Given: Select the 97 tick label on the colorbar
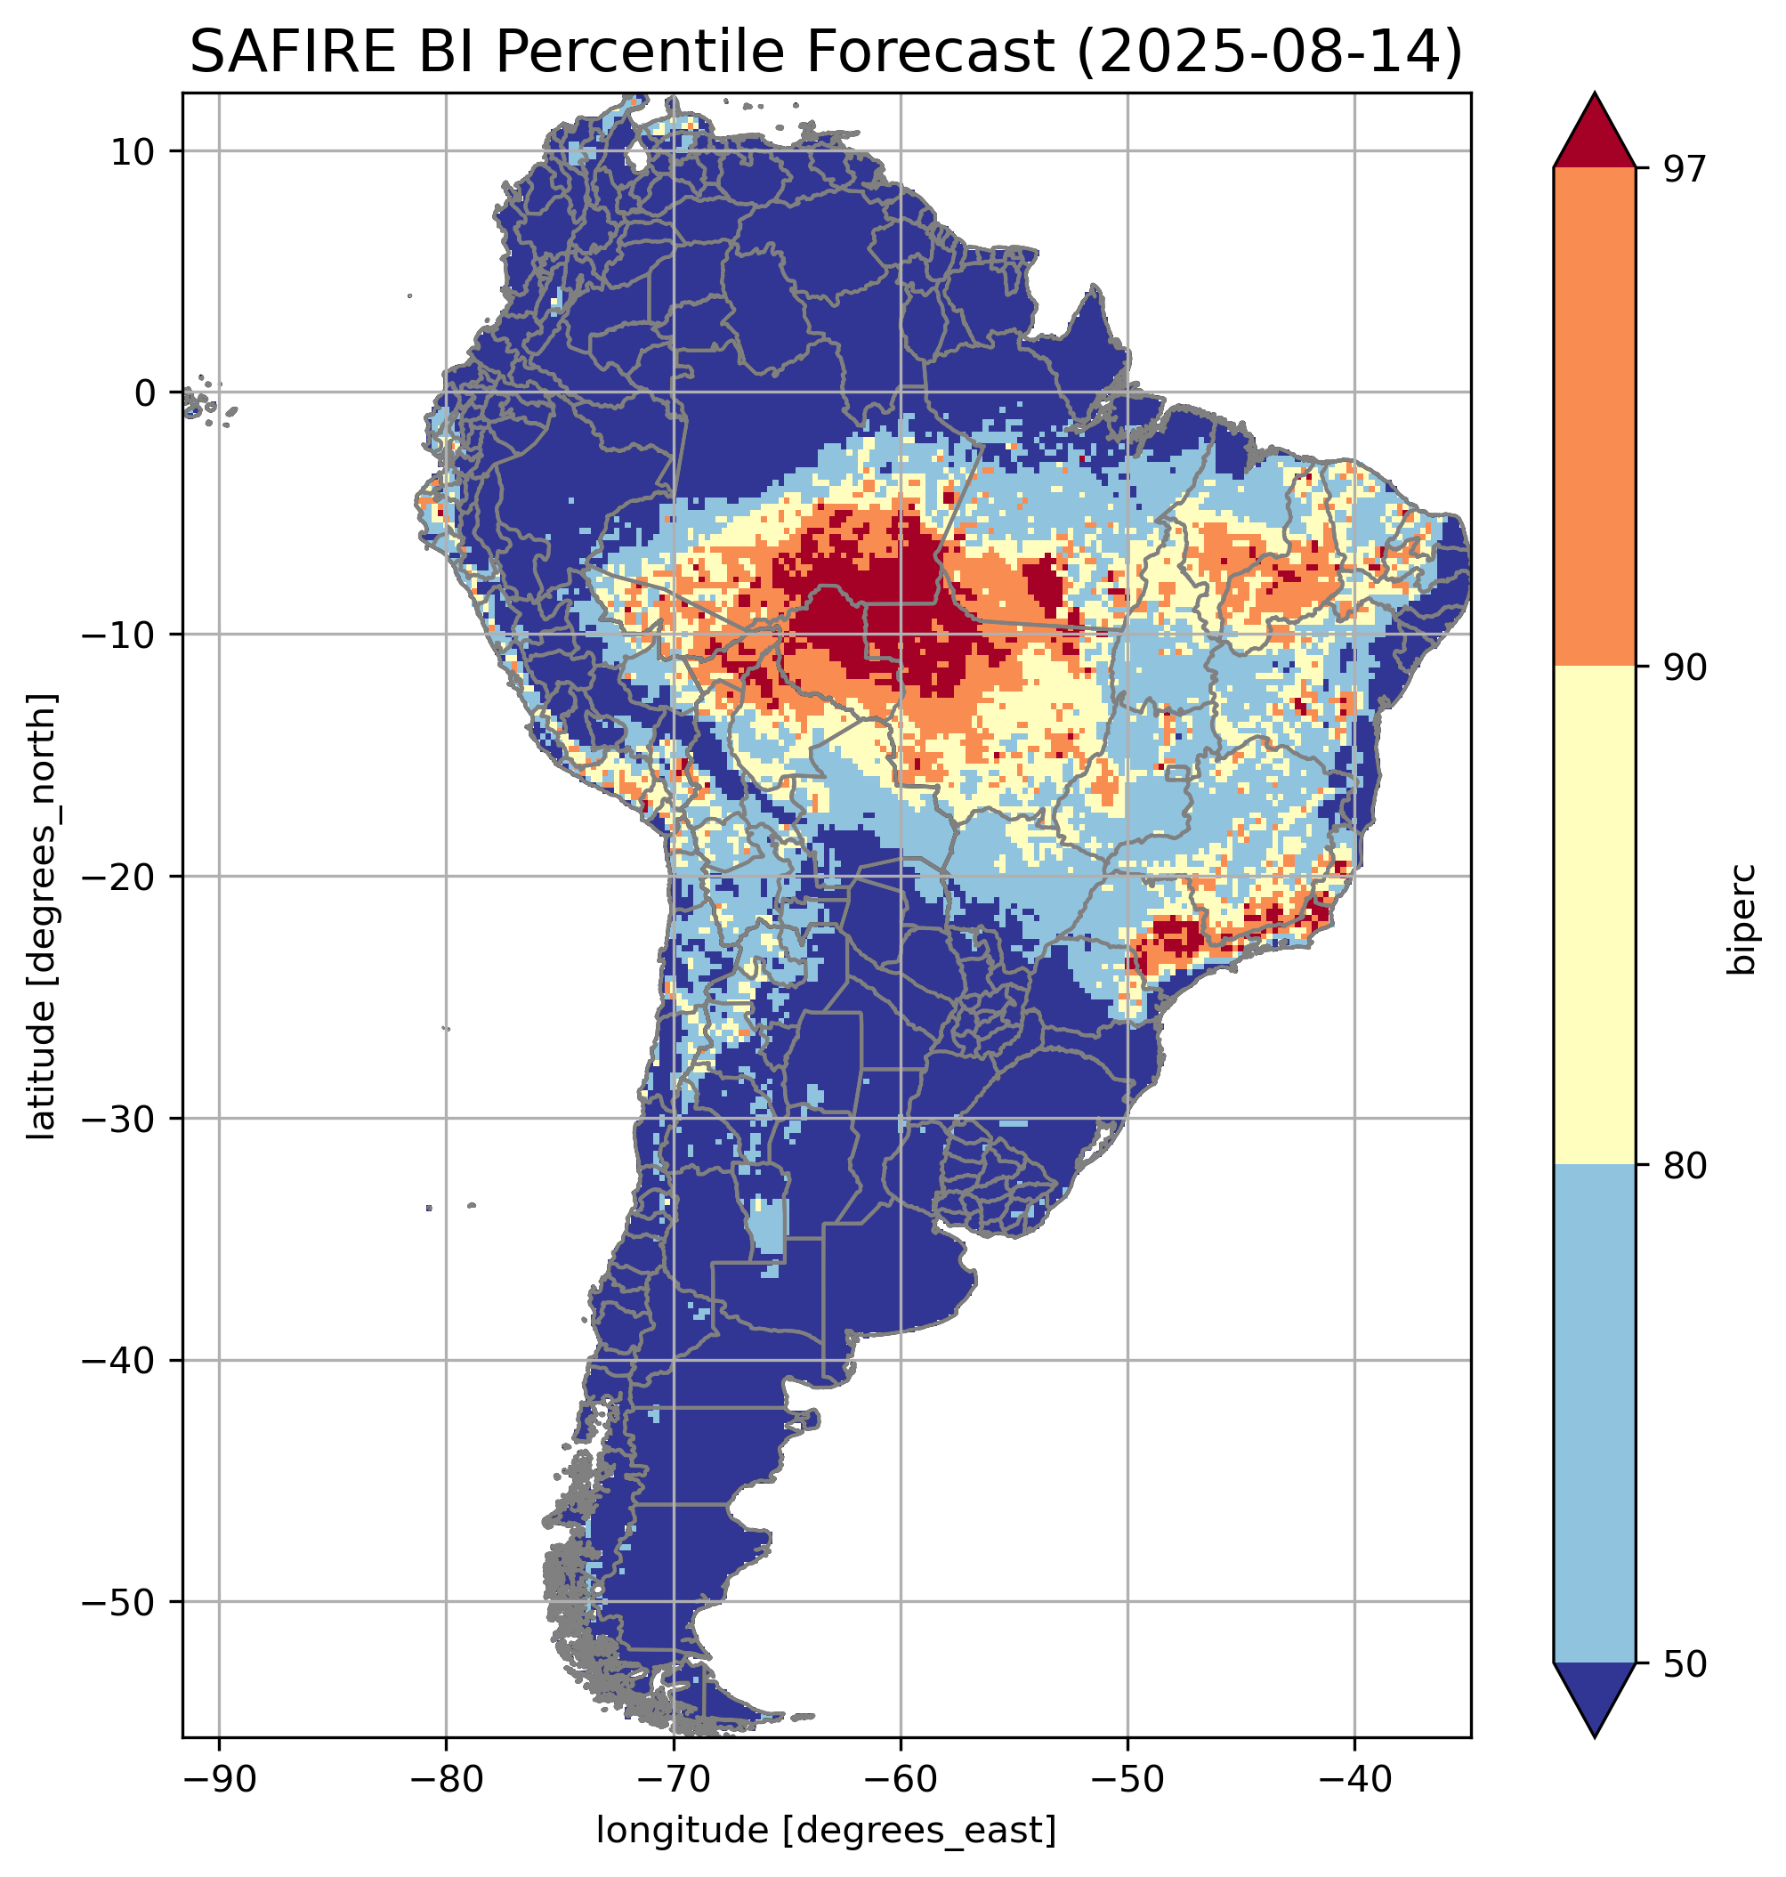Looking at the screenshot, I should [1685, 168].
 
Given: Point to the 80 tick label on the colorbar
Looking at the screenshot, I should [1685, 1166].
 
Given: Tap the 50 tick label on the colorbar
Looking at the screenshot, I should [1685, 1664].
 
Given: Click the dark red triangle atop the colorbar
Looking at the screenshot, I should [1594, 133].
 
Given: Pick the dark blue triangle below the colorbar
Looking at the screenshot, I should [1594, 1697].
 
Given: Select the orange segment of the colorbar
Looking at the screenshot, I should [1594, 417].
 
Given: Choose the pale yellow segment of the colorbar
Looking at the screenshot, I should [1594, 914].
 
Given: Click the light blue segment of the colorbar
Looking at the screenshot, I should [1594, 1414].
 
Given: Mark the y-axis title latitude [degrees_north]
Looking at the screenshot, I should [42, 916].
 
